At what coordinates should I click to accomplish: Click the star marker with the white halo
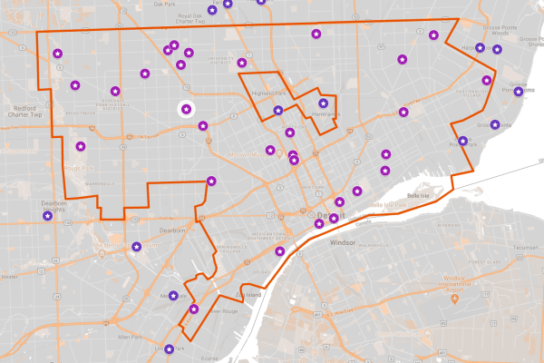click(186, 110)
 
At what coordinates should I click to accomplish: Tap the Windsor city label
click(343, 243)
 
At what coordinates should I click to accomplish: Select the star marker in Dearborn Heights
click(48, 216)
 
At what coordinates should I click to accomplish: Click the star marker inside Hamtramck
click(323, 103)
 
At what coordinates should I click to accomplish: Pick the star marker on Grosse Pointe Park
click(463, 141)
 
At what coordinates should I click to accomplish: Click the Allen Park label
click(131, 337)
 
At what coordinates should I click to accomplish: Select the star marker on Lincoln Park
click(169, 349)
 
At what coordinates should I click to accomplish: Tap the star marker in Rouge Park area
click(81, 146)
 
